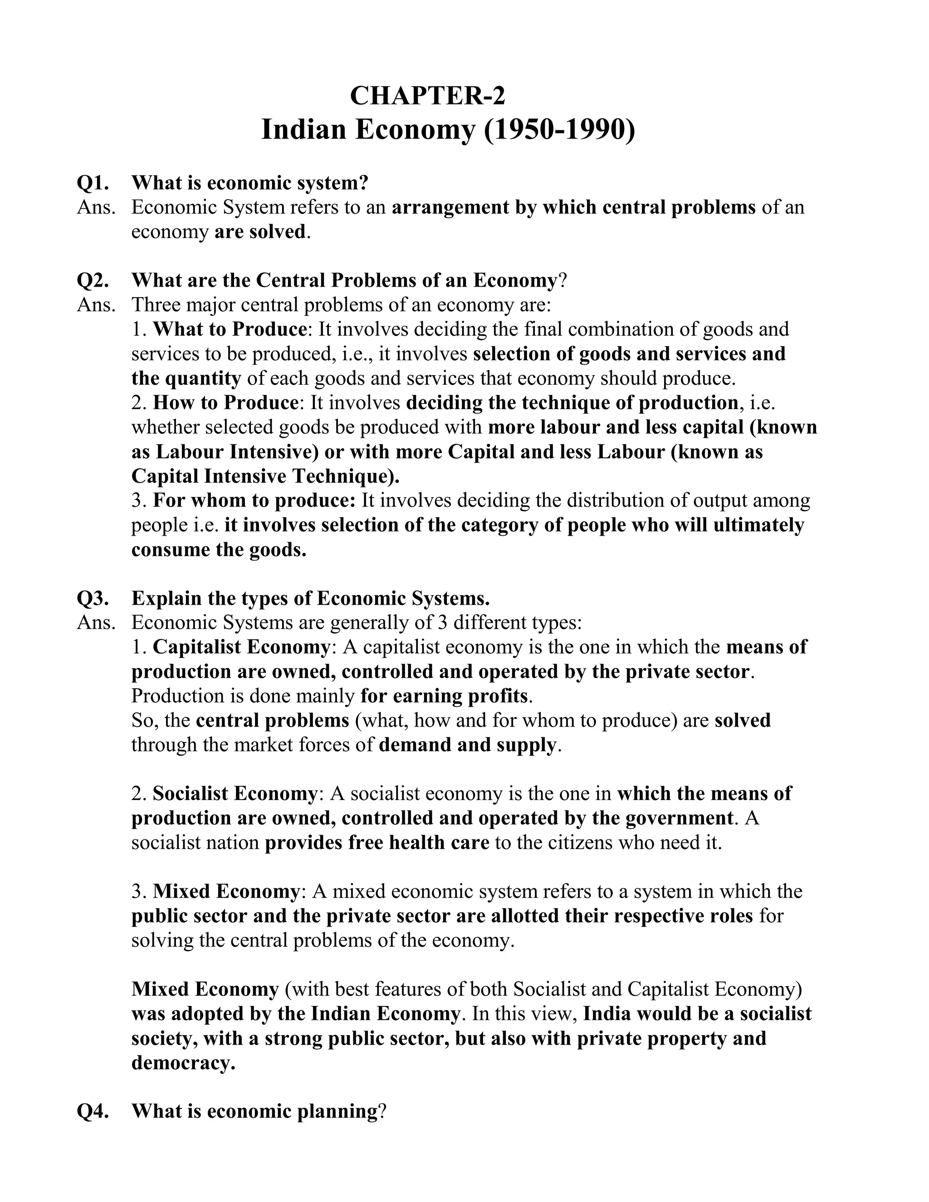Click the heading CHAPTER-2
[x=427, y=96]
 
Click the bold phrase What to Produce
[x=230, y=329]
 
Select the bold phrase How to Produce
[x=225, y=402]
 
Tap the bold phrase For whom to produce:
[x=254, y=500]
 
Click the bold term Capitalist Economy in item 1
[x=241, y=647]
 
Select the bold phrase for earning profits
[x=444, y=696]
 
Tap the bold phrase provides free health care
[x=377, y=843]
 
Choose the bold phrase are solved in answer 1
[x=260, y=232]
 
